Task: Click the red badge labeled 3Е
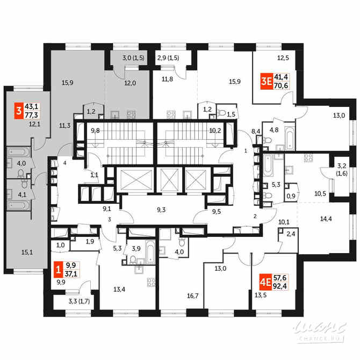pos(265,82)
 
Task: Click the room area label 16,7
pos(178,295)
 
